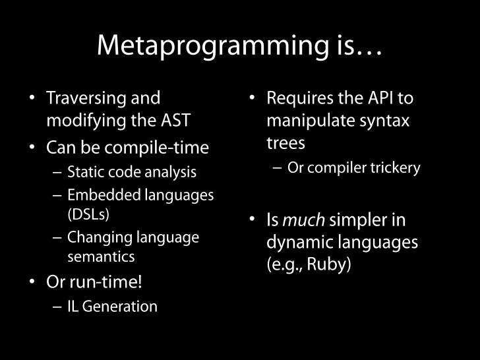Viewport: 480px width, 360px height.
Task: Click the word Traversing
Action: point(86,99)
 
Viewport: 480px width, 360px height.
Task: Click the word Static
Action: point(84,173)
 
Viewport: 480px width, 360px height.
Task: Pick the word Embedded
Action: point(98,195)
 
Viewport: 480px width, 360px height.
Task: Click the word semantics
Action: point(101,256)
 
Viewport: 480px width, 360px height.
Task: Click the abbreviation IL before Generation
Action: point(73,307)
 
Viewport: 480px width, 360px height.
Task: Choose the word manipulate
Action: point(305,121)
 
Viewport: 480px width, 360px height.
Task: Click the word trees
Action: point(285,143)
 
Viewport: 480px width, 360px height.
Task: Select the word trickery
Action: point(396,168)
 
